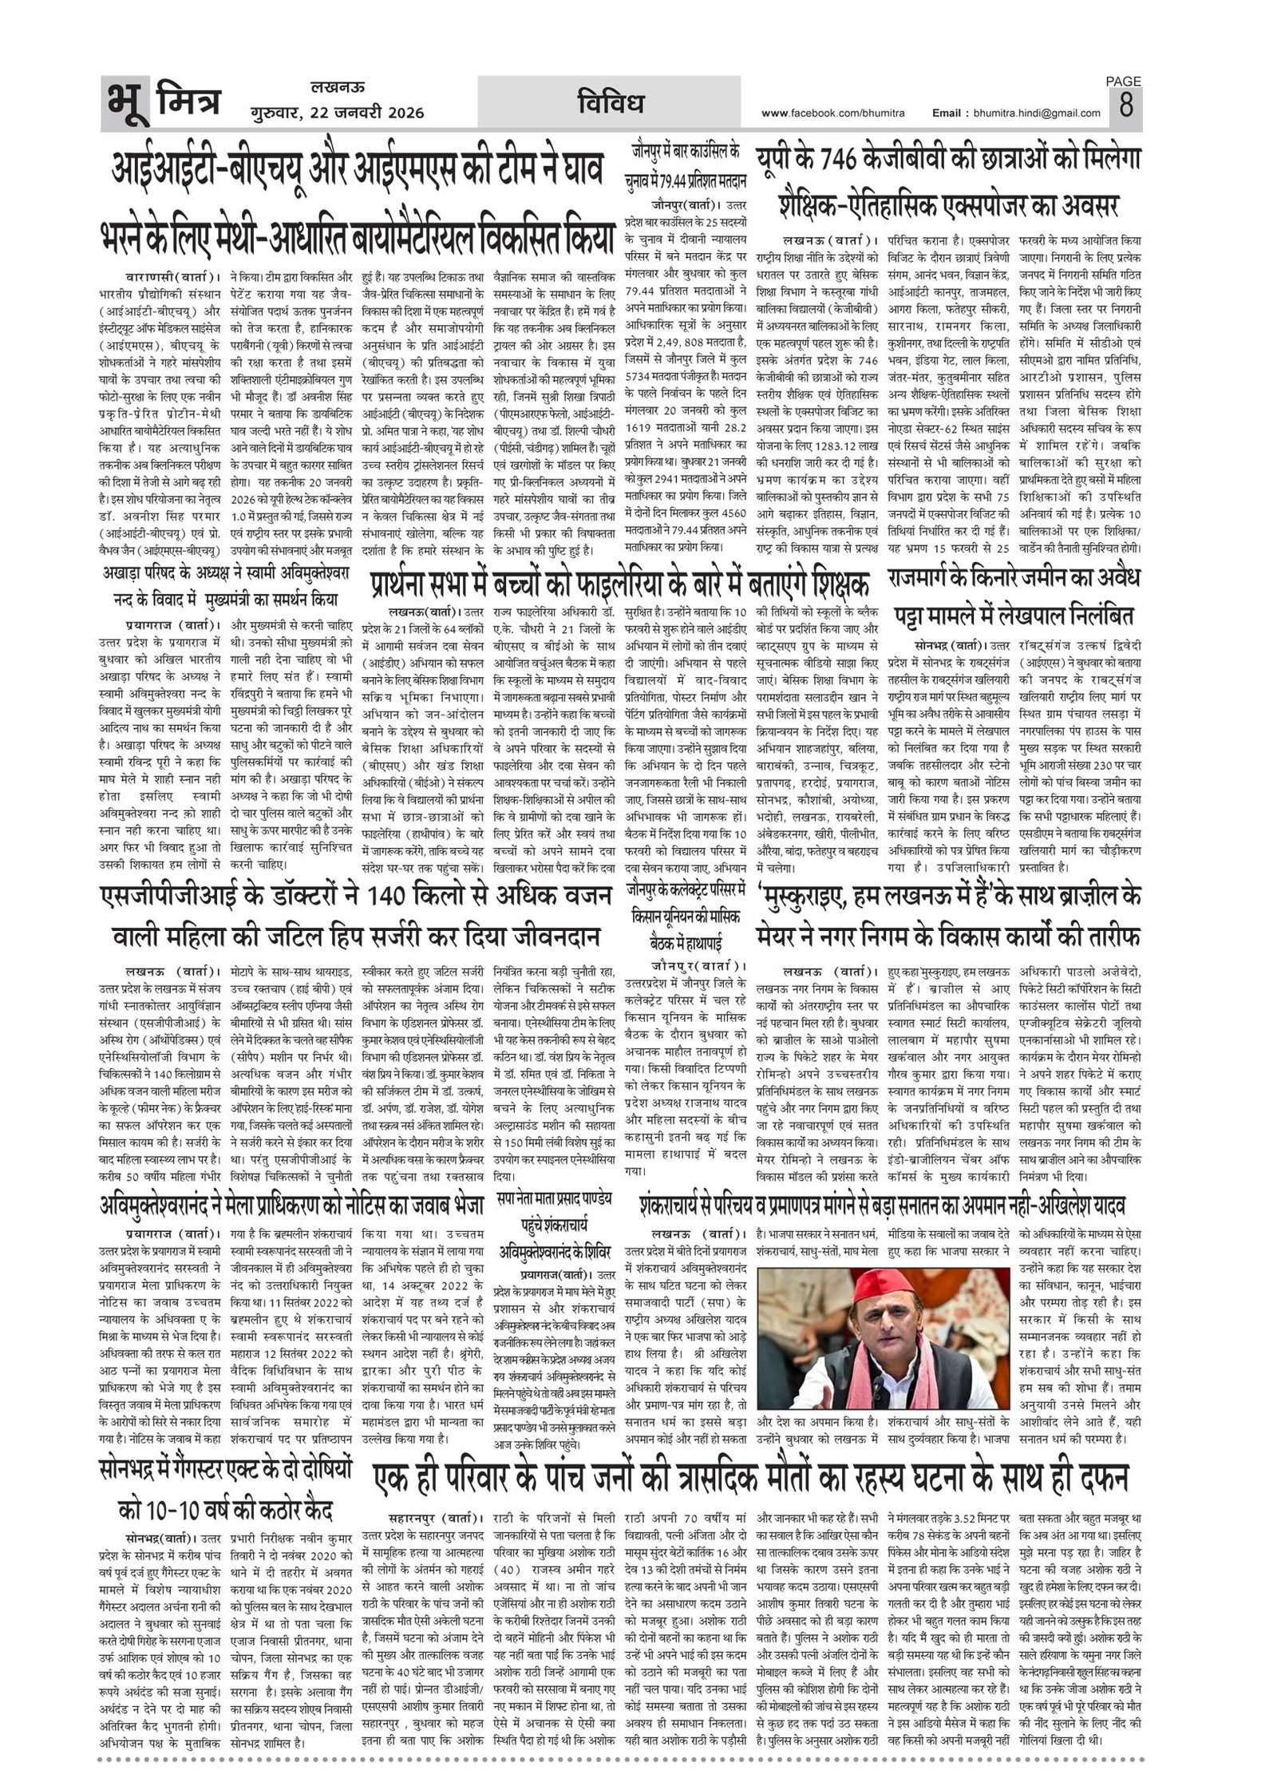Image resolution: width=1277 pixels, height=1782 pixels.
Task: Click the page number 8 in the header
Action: (x=1125, y=105)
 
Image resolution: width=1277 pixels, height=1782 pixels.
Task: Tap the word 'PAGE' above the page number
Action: (x=1123, y=81)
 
